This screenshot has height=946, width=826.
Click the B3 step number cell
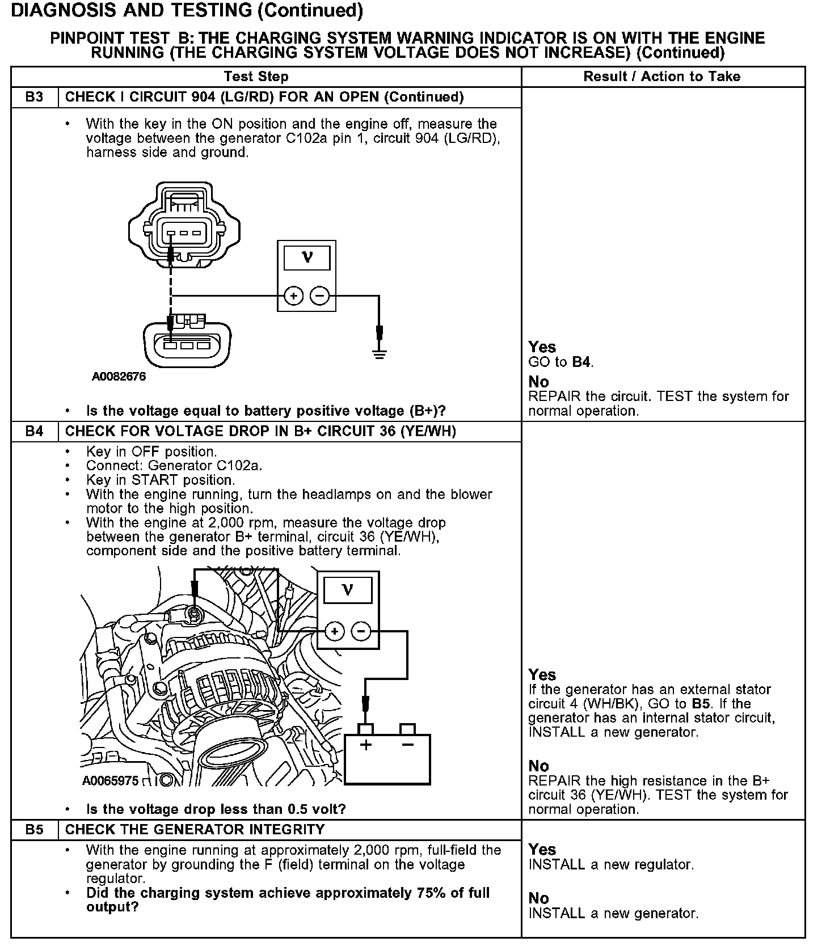point(34,97)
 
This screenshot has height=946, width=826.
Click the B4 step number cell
point(34,432)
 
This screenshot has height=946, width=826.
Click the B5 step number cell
point(34,830)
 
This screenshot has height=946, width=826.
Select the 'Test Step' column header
point(256,77)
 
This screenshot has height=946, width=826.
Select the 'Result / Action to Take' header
point(662,77)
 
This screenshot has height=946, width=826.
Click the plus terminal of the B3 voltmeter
point(293,295)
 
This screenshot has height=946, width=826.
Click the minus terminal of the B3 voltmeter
point(320,295)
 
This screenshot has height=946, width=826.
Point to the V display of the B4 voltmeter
point(348,590)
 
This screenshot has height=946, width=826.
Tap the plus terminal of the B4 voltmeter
point(335,631)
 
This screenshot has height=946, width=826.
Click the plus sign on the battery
point(366,745)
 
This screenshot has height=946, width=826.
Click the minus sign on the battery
point(407,745)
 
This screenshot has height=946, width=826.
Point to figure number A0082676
point(119,377)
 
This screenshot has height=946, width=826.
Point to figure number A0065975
point(110,781)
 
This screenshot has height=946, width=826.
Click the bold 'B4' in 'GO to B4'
point(581,362)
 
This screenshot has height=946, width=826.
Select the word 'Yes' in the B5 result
point(542,850)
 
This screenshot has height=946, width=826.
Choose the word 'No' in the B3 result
point(538,382)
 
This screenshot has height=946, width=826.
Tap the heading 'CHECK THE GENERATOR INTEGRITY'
point(195,830)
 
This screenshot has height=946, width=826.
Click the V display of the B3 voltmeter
point(307,258)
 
